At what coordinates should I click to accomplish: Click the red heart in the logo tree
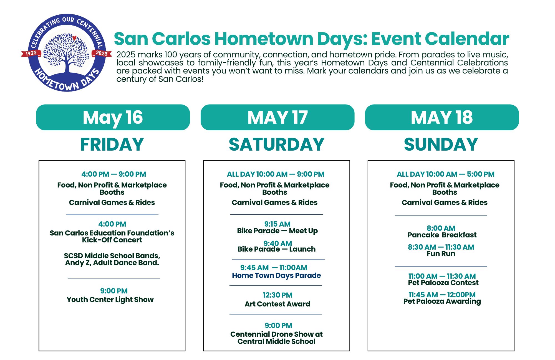click(74, 38)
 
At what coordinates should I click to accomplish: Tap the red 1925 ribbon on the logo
click(31, 53)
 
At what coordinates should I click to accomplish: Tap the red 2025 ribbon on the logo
click(102, 53)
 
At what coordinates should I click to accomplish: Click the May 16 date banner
click(113, 117)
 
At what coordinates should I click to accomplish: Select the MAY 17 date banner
click(277, 117)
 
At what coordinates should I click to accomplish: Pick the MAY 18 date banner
click(442, 117)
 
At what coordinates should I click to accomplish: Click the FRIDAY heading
click(112, 144)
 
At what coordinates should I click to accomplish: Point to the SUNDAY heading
click(441, 144)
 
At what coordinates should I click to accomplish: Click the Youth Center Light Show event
click(110, 300)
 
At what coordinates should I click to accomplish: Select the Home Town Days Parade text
click(276, 275)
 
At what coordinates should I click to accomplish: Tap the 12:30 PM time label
click(277, 295)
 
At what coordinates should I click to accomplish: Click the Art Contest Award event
click(277, 304)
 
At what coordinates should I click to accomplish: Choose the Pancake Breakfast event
click(442, 235)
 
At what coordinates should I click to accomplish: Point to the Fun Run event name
click(441, 253)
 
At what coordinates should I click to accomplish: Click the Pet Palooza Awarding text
click(442, 301)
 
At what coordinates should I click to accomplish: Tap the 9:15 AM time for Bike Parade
click(277, 224)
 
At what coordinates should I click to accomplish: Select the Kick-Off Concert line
click(112, 240)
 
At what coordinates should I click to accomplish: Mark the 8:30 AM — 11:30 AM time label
click(441, 247)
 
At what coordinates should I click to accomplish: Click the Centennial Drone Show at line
click(276, 334)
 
